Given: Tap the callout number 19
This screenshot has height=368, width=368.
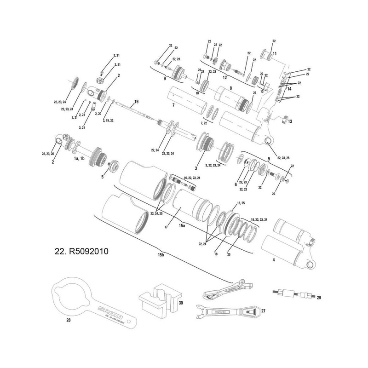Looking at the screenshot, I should pyautogui.click(x=136, y=101).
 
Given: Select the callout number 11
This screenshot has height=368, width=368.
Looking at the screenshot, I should pyautogui.click(x=275, y=54).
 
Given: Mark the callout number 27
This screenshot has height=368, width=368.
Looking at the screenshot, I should pyautogui.click(x=264, y=311).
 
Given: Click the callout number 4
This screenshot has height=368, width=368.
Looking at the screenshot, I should pyautogui.click(x=274, y=260).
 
